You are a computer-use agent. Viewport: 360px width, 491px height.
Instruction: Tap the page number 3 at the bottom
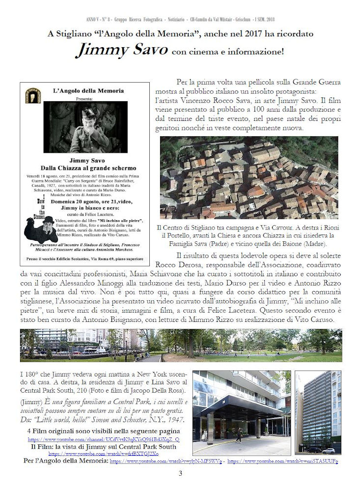click(180, 473)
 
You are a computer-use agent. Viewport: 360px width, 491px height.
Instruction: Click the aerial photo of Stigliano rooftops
click(249, 177)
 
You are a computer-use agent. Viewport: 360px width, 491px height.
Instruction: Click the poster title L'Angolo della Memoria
click(88, 91)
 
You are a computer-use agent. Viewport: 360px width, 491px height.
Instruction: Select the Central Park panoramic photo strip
click(180, 346)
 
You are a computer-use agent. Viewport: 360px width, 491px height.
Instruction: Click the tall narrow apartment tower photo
click(318, 412)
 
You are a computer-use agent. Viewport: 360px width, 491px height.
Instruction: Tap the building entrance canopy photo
click(242, 412)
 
